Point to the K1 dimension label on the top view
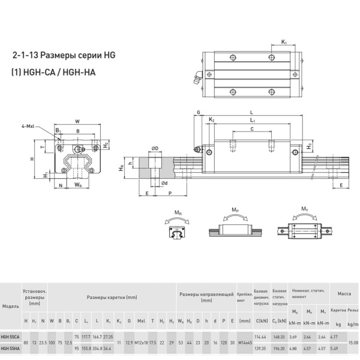pyautogui.click(x=284, y=42)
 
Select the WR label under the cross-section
pyautogui.click(x=77, y=185)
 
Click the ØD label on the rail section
pyautogui.click(x=154, y=148)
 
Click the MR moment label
pyautogui.click(x=178, y=212)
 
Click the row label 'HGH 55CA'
pyautogui.click(x=10, y=336)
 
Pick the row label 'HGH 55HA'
pyautogui.click(x=10, y=349)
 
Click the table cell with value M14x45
pyautogui.click(x=244, y=342)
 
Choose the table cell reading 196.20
pyautogui.click(x=279, y=349)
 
